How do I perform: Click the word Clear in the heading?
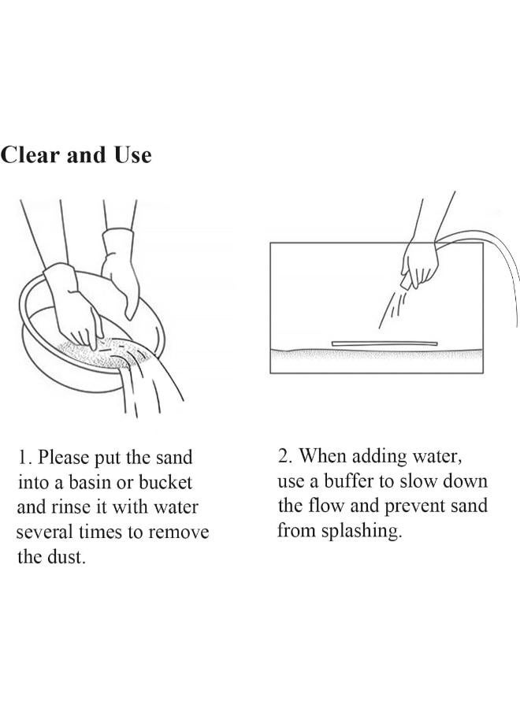(x=30, y=155)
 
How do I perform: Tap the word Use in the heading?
(x=132, y=155)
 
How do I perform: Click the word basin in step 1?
(x=88, y=482)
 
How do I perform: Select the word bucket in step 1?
(x=165, y=482)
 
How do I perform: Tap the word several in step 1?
(x=44, y=532)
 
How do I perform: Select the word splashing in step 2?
(x=362, y=531)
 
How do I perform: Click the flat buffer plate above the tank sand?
(x=384, y=343)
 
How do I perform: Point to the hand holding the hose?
(x=420, y=265)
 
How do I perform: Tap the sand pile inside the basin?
(x=102, y=352)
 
